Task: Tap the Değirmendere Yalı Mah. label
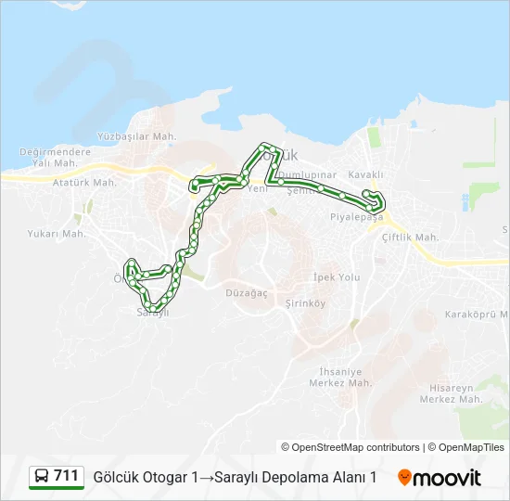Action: pyautogui.click(x=56, y=158)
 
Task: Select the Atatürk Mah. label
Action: pyautogui.click(x=84, y=183)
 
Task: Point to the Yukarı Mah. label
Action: pyautogui.click(x=57, y=234)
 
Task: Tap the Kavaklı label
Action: pyautogui.click(x=366, y=174)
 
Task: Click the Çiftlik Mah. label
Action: pyautogui.click(x=410, y=238)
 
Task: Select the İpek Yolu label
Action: pyautogui.click(x=336, y=277)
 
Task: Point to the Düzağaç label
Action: pyautogui.click(x=247, y=292)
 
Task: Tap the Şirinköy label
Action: pyautogui.click(x=305, y=303)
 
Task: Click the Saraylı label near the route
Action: pyautogui.click(x=153, y=313)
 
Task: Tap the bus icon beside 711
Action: pyautogui.click(x=42, y=477)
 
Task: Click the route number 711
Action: pyautogui.click(x=67, y=476)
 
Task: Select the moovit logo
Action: pyautogui.click(x=440, y=478)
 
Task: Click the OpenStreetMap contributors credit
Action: pyautogui.click(x=351, y=447)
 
